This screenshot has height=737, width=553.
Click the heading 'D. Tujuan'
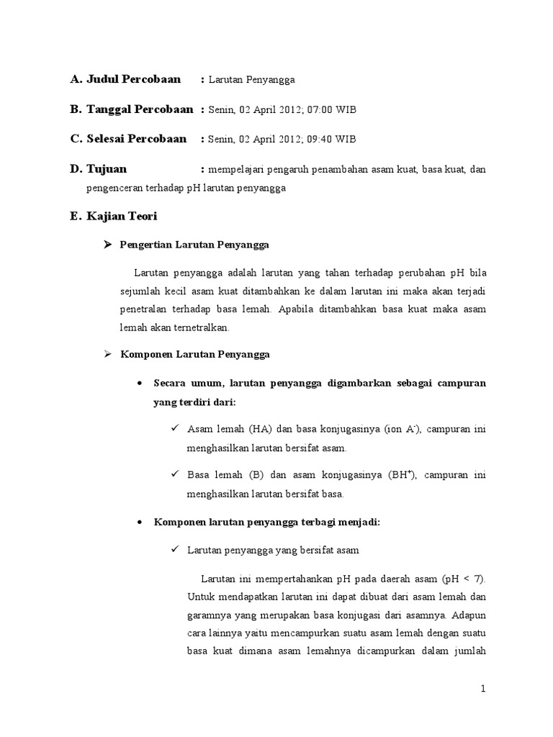point(98,169)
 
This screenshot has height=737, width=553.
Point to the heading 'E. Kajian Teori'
point(114,216)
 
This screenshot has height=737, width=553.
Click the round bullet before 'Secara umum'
point(140,384)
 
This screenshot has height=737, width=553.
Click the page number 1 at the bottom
point(484,689)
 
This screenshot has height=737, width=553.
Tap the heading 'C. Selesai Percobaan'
point(128,139)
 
